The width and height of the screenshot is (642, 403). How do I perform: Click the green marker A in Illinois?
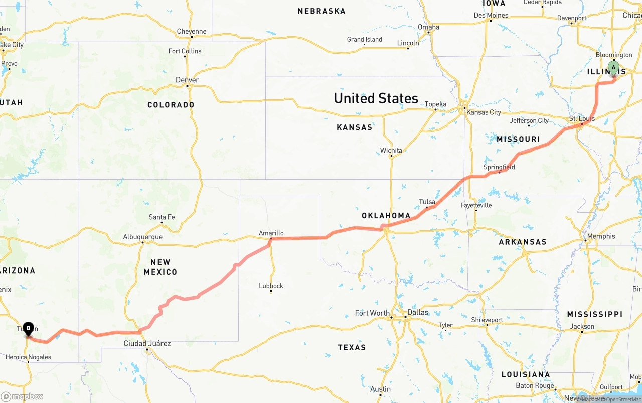tap(613, 68)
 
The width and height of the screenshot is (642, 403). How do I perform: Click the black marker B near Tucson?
tap(29, 329)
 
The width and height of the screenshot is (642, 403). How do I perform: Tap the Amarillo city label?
tap(271, 233)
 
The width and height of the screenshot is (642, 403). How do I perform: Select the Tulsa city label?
tap(427, 202)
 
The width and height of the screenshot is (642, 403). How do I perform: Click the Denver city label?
tap(187, 80)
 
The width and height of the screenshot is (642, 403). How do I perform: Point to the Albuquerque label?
tap(142, 237)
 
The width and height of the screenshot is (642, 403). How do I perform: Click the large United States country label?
tap(376, 98)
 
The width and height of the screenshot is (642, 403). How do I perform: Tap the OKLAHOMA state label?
tap(386, 216)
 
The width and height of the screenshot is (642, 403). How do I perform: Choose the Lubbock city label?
tap(271, 286)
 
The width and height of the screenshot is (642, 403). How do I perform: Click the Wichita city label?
tap(391, 150)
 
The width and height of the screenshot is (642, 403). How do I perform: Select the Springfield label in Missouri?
tap(499, 167)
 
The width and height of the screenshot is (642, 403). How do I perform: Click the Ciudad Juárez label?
tap(147, 344)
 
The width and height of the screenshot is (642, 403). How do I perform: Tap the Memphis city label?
tap(601, 236)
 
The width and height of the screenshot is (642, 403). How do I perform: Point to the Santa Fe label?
tap(162, 217)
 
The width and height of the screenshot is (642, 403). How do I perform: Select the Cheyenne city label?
tap(191, 31)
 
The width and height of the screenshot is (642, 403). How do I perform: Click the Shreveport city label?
tap(487, 320)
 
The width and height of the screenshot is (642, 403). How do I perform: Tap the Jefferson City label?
tap(529, 121)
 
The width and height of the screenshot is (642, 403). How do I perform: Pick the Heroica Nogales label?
tap(28, 358)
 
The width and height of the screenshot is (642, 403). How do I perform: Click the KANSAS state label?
tap(354, 127)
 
